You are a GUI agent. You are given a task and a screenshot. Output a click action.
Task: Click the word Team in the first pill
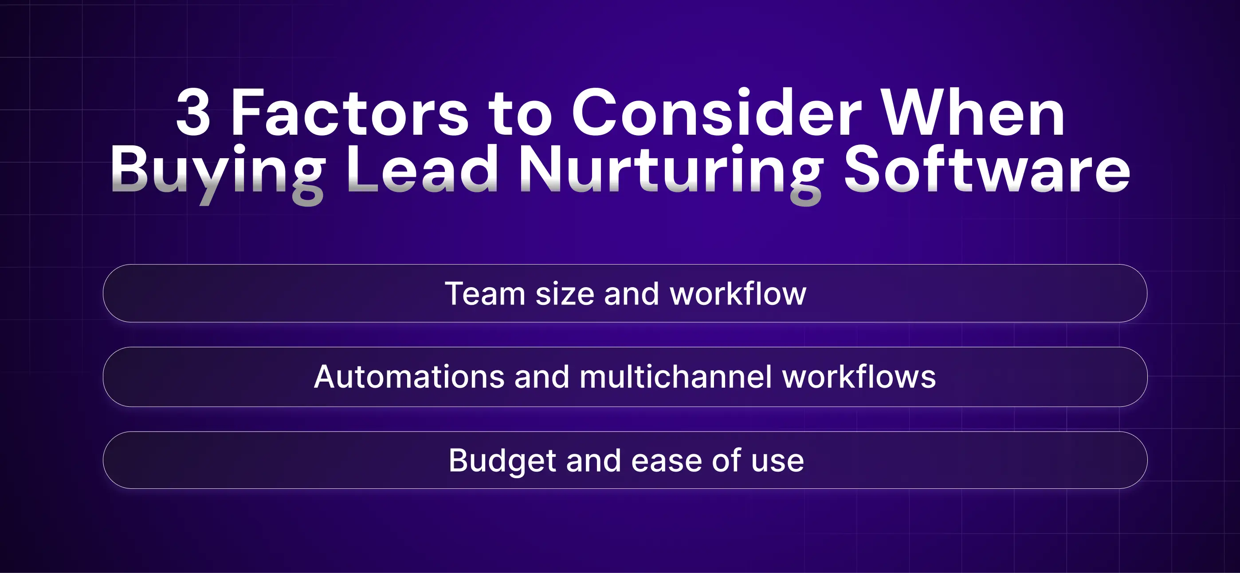(x=485, y=293)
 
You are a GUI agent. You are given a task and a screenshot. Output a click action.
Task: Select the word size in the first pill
(x=565, y=293)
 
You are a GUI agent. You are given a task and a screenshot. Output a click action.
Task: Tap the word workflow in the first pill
(x=738, y=293)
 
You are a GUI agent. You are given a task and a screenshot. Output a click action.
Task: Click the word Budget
(x=502, y=461)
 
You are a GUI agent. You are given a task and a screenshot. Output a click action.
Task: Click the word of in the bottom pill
(x=726, y=460)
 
